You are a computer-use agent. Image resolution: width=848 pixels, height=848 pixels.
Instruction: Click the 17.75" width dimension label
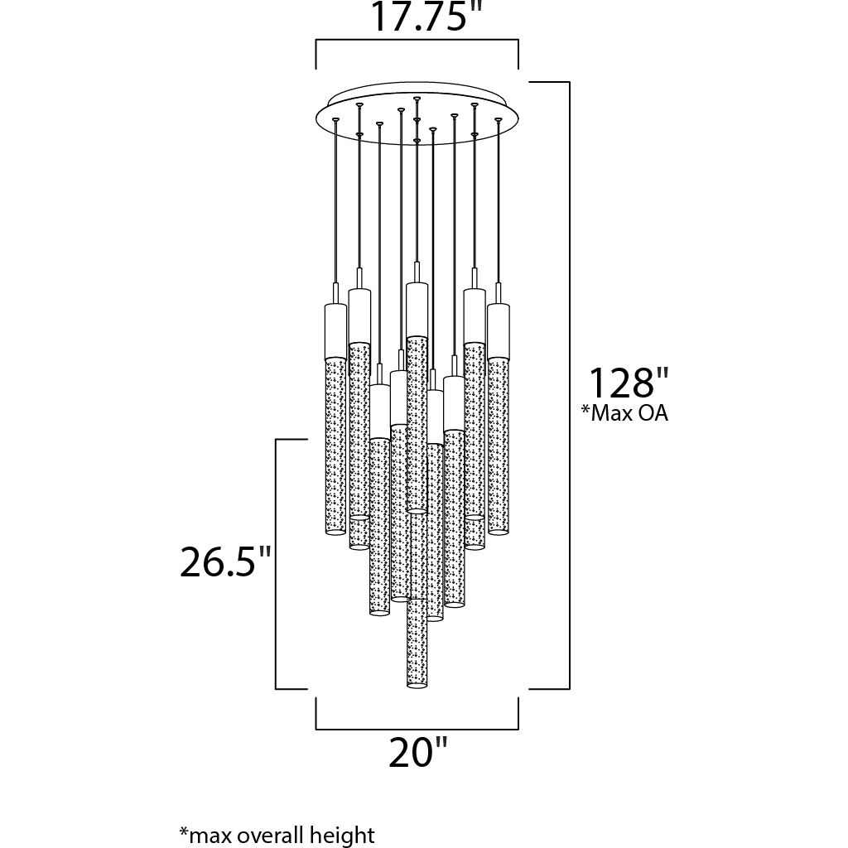pyautogui.click(x=418, y=17)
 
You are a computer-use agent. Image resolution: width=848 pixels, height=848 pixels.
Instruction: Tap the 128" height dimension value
pyautogui.click(x=622, y=383)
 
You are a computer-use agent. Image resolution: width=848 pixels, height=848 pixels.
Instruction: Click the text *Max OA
pyautogui.click(x=624, y=413)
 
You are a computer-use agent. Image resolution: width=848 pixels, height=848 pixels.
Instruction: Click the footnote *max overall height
pyautogui.click(x=277, y=833)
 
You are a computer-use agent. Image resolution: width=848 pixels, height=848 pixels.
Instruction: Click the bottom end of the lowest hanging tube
pyautogui.click(x=417, y=685)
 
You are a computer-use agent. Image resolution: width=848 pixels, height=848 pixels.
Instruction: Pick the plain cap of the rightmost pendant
pyautogui.click(x=498, y=331)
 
